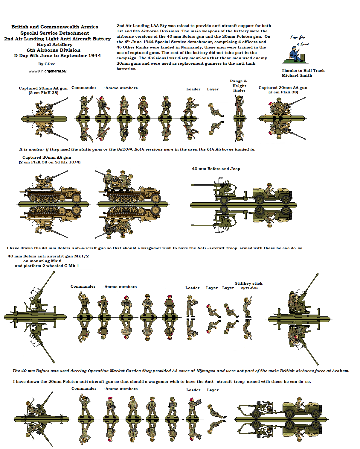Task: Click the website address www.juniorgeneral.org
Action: click(48, 71)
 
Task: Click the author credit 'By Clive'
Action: click(47, 64)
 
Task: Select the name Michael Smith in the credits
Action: click(297, 75)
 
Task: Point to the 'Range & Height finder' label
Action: click(239, 86)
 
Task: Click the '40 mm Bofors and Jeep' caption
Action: click(216, 169)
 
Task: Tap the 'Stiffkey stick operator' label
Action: click(248, 285)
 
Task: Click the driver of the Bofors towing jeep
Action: click(270, 190)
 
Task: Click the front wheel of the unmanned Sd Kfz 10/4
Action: click(76, 198)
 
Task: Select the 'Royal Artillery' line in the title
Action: click(55, 44)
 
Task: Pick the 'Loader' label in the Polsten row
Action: click(193, 390)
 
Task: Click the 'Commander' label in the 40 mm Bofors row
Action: click(83, 286)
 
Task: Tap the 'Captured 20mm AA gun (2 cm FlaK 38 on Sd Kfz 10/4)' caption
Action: click(50, 160)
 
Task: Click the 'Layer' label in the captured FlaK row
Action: click(213, 89)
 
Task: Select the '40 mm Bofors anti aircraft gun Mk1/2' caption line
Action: click(48, 256)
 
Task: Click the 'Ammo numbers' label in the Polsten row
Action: click(121, 389)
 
